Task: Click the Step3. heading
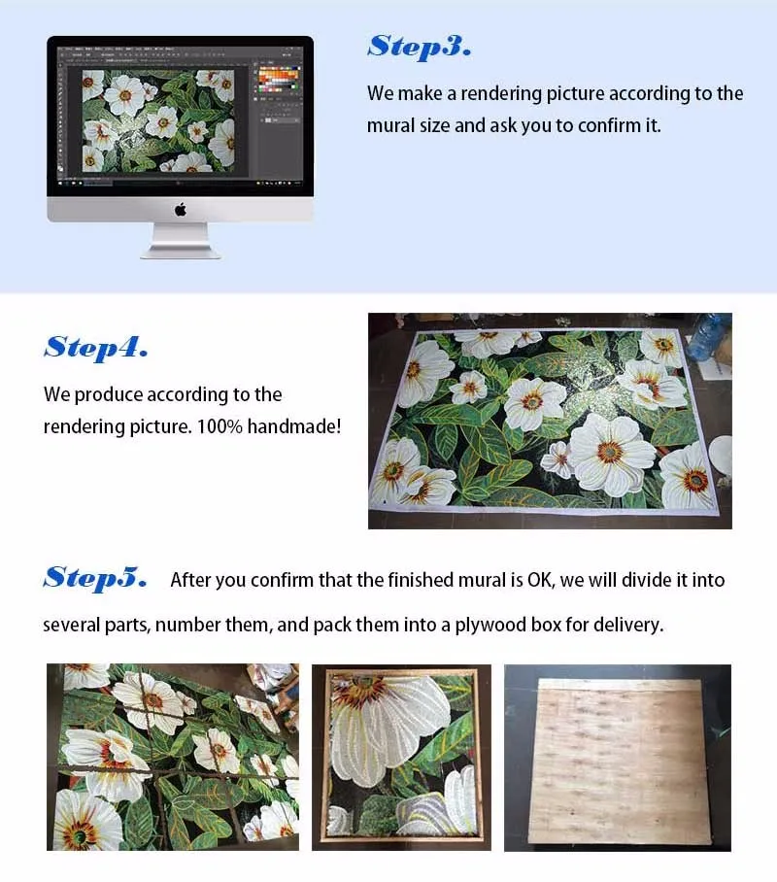[420, 47]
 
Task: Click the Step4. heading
[95, 348]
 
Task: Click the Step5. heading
[95, 578]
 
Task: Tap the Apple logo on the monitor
[180, 210]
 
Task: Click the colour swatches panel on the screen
[279, 80]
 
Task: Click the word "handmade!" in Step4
[294, 426]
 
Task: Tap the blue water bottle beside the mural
[708, 336]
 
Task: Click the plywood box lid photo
[618, 758]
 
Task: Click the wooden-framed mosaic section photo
[401, 758]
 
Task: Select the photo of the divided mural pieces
[173, 757]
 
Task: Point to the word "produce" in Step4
[109, 395]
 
